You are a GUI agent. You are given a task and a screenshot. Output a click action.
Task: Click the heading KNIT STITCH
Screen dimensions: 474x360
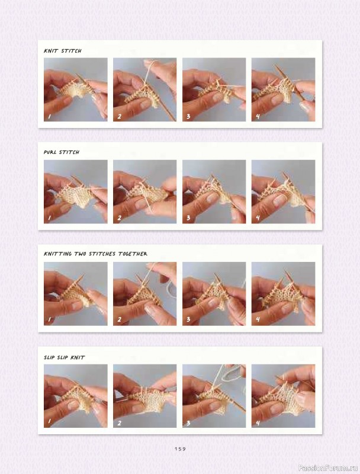63,51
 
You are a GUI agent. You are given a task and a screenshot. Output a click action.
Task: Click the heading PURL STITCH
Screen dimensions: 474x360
62,152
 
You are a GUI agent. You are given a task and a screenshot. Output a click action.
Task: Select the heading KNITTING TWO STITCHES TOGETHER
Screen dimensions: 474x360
95,254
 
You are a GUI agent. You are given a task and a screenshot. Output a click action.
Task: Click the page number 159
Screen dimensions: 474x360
180,449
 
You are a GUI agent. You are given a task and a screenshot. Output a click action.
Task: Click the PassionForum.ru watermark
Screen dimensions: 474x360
329,467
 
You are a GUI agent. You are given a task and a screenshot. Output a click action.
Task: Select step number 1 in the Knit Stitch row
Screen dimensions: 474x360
49,116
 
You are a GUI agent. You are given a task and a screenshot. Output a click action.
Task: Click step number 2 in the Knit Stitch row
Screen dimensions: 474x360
119,116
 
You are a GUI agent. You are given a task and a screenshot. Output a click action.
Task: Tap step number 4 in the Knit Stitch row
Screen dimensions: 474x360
258,116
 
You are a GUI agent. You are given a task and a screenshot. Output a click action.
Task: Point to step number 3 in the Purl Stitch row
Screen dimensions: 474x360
188,219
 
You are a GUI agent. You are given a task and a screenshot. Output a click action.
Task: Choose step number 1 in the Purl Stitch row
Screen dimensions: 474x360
49,219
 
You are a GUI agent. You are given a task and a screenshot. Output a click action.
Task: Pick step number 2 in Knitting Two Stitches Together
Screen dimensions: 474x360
119,321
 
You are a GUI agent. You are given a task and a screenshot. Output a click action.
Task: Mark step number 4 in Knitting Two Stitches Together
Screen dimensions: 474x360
258,321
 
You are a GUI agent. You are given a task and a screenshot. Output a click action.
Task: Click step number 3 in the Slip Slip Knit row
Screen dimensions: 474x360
188,422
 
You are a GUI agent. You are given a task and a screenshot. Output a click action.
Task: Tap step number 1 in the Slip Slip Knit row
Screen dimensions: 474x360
49,422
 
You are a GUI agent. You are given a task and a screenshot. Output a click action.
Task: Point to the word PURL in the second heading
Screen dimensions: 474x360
51,152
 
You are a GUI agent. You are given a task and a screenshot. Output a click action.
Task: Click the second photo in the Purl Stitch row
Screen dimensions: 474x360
144,191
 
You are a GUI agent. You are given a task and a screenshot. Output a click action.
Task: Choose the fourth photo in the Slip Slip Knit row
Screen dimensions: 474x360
283,396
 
